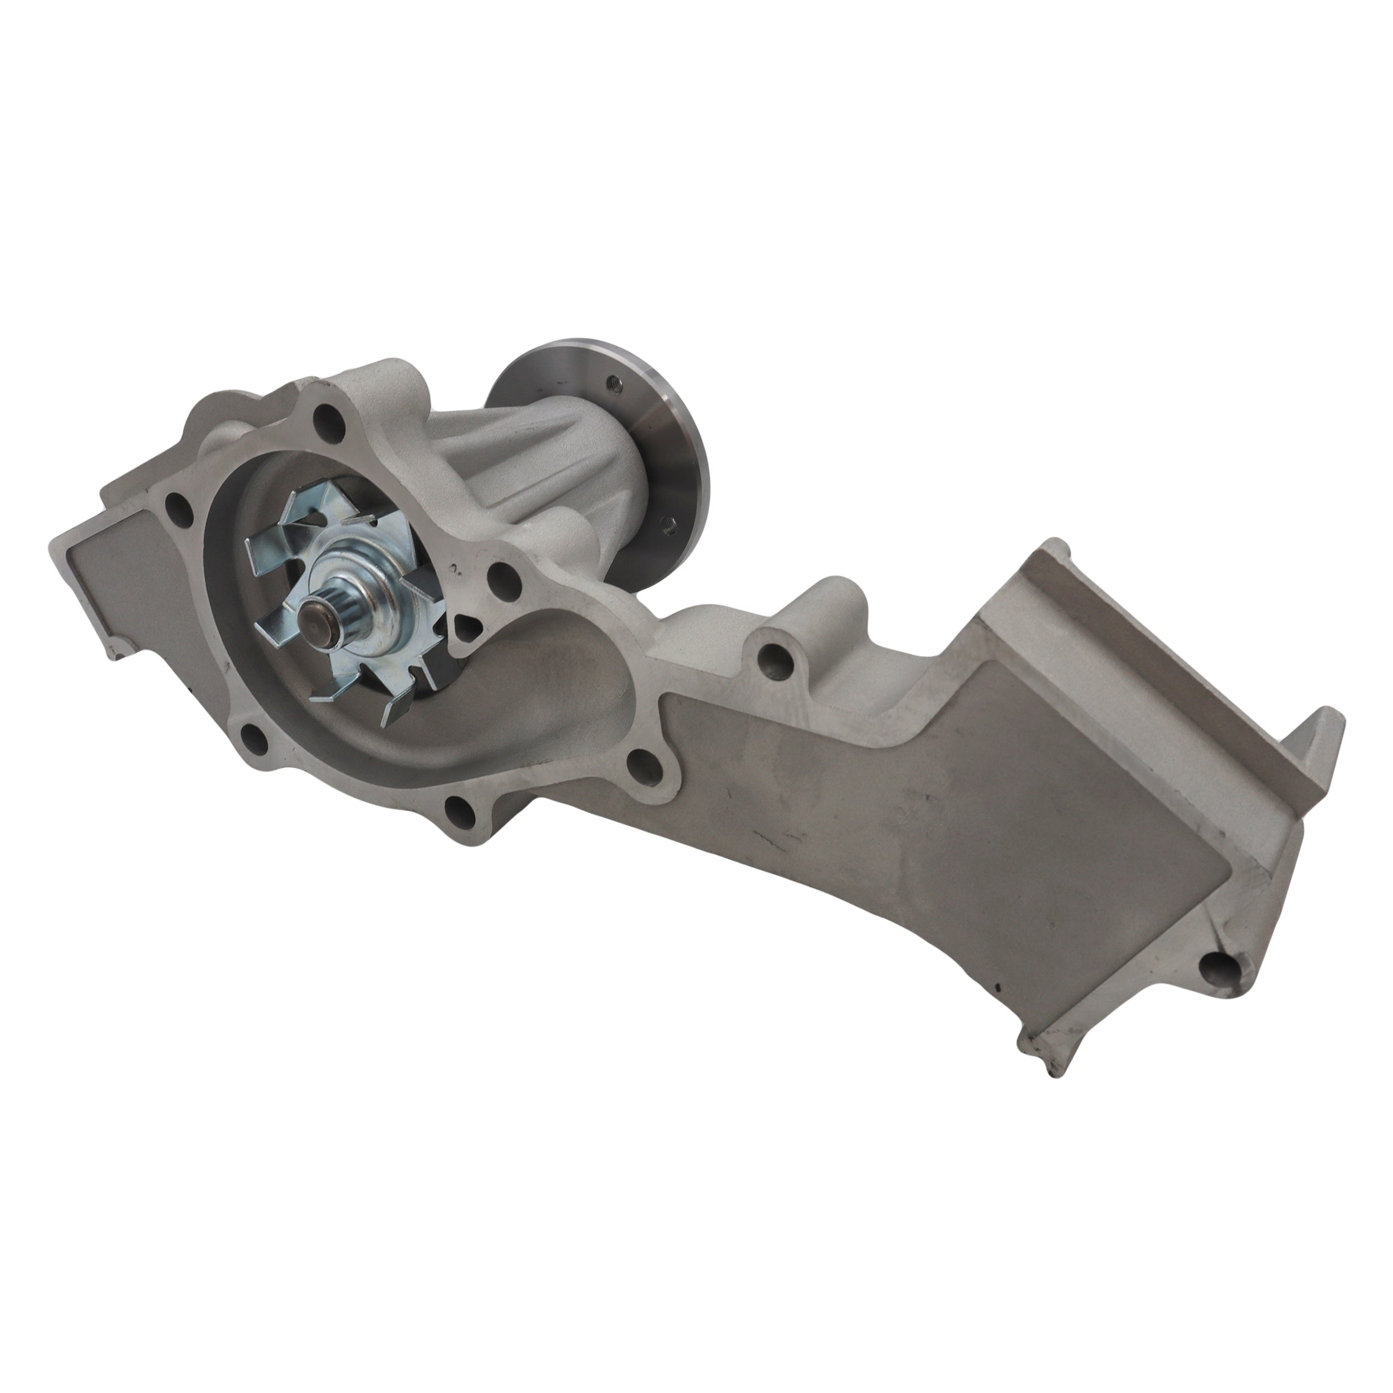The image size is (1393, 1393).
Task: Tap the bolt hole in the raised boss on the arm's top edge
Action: [772, 657]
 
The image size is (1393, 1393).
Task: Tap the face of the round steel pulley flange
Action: [674, 447]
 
